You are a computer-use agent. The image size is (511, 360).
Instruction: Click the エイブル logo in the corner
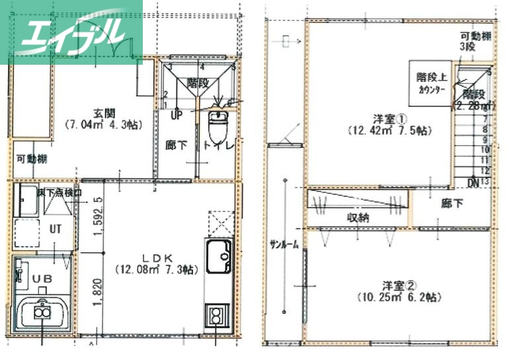tap(71, 32)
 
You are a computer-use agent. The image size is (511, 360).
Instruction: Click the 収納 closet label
tap(357, 217)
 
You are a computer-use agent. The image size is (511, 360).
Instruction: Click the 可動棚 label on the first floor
tap(32, 159)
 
